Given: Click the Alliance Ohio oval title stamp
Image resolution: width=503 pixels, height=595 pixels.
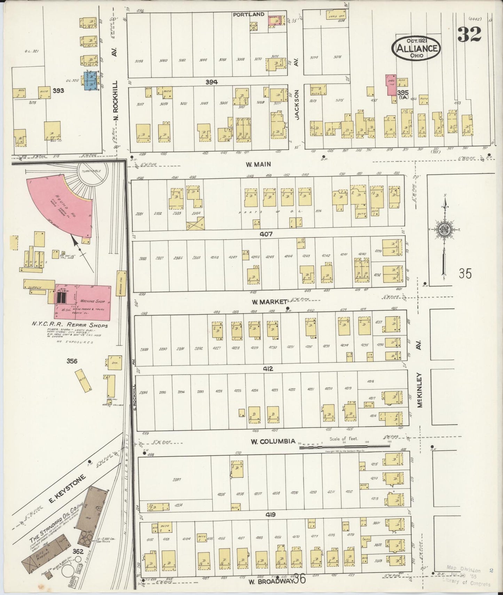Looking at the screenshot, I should (417, 48).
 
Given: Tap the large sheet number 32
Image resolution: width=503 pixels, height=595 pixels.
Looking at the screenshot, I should (469, 34).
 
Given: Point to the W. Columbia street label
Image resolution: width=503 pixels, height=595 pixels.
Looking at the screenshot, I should (273, 442).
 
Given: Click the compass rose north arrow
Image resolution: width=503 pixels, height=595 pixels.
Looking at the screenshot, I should (445, 230).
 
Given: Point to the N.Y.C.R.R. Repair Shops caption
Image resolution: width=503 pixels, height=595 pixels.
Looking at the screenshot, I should (70, 325).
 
